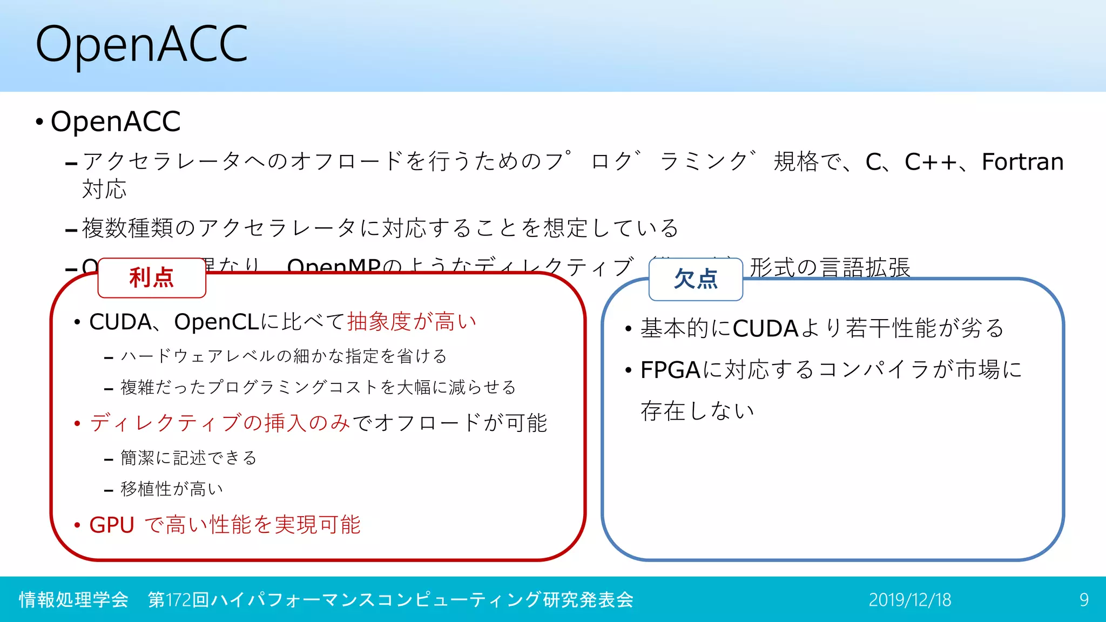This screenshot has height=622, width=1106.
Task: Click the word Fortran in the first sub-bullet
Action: coord(1022,162)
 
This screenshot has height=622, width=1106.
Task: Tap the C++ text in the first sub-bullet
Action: coord(930,162)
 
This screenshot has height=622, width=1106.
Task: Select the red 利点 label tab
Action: coord(152,278)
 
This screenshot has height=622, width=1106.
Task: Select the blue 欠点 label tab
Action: coord(696,279)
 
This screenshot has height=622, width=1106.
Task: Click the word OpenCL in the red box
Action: coord(217,322)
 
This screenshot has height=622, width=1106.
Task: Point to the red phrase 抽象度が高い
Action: coord(412,322)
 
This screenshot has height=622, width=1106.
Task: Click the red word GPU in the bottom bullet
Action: coord(112,525)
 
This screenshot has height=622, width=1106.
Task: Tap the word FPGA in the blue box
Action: coord(670,370)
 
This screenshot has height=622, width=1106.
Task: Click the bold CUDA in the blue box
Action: coord(765,329)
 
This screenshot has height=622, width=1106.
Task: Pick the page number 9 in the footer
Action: coord(1084,600)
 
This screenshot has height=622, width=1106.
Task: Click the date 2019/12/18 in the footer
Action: coord(909,600)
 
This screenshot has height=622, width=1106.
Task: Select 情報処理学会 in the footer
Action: coord(73,600)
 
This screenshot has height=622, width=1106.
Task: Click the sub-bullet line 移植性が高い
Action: coord(172,489)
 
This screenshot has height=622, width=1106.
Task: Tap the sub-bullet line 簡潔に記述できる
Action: coord(188,458)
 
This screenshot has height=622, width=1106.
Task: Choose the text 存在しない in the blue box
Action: coord(697,411)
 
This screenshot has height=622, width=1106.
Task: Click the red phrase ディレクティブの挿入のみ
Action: coord(220,423)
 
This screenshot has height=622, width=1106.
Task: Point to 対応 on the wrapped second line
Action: coord(104,190)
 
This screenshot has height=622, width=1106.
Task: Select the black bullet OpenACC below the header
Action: coord(116,121)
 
